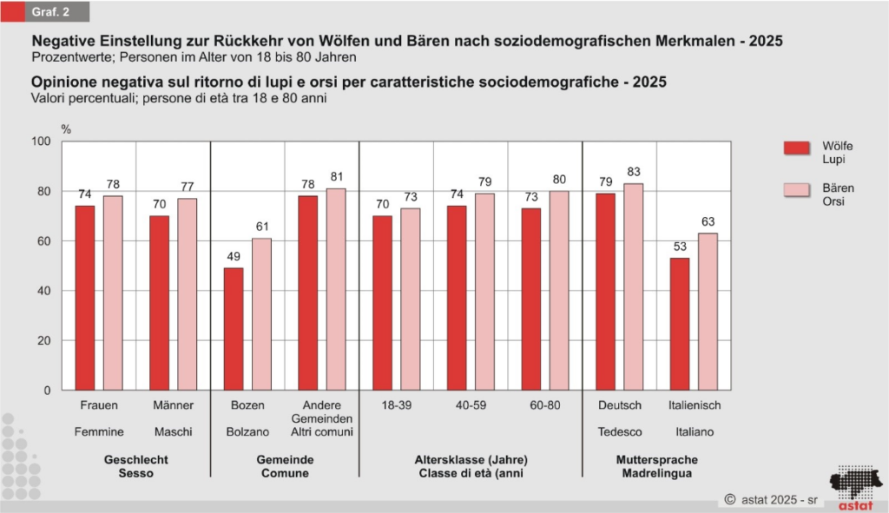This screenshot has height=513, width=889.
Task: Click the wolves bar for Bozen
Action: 233,329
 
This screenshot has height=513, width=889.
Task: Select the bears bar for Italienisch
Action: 708,312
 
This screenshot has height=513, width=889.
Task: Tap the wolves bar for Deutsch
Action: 605,292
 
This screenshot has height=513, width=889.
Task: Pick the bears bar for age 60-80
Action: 559,291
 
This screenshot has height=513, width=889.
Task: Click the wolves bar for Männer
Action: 159,303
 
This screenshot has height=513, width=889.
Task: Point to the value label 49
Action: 233,258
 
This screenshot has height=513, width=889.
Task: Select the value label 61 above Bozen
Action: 262,227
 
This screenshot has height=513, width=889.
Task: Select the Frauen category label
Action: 99,405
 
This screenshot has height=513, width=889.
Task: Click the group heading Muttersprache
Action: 655,460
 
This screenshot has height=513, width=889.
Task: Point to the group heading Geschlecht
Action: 136,460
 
